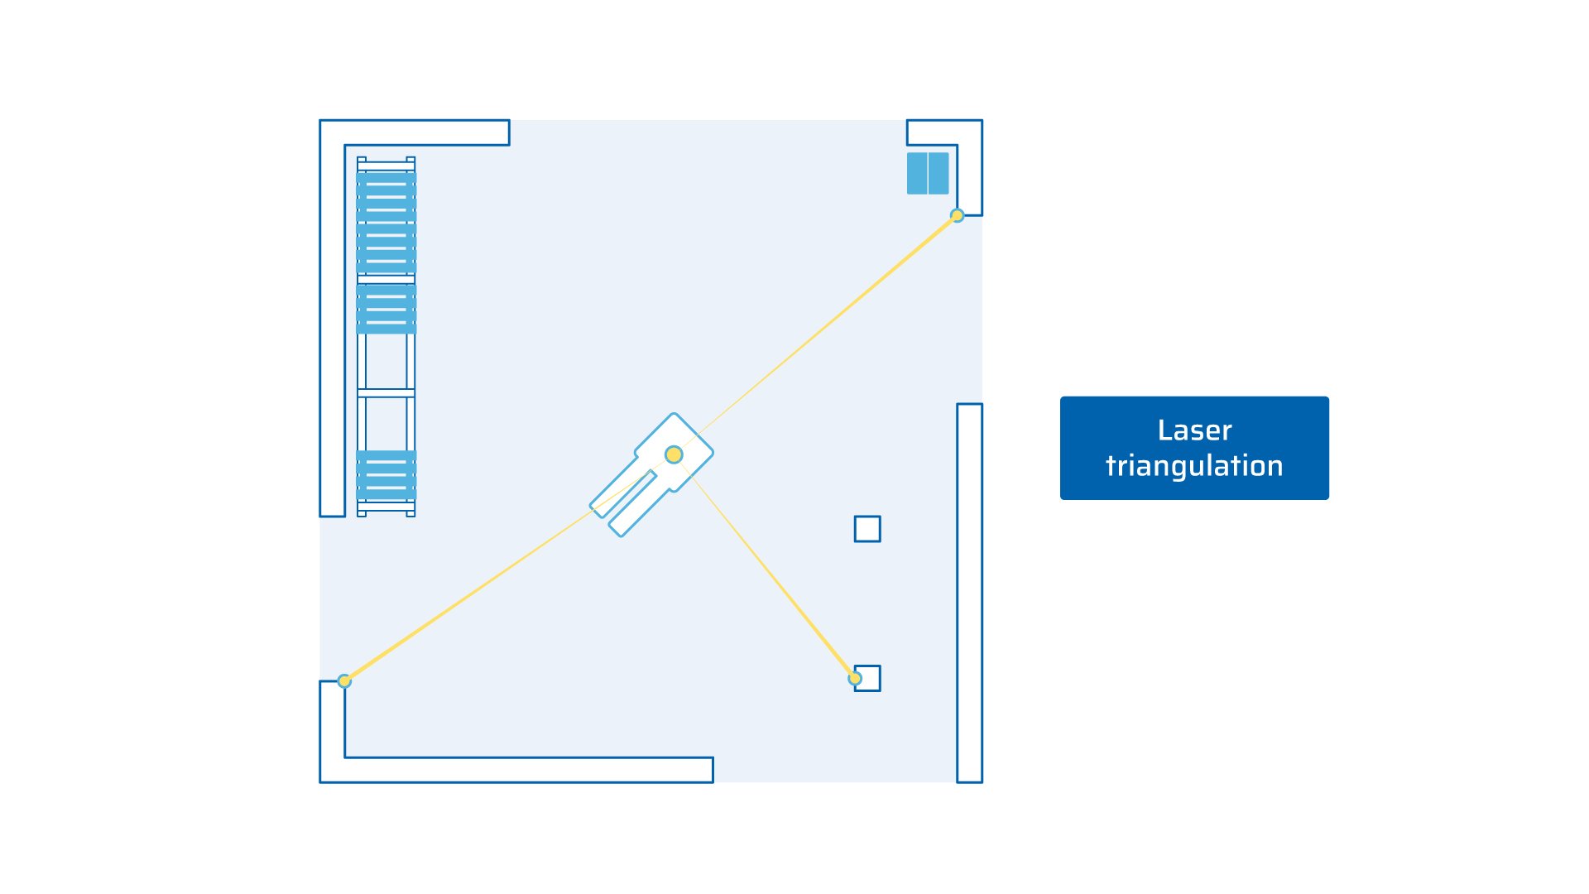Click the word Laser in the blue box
1194,430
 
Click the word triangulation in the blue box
1194,466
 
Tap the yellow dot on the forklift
674,454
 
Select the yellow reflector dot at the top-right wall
957,215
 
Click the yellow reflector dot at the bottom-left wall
344,681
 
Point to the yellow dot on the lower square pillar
855,679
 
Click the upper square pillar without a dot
867,529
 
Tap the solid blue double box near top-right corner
928,173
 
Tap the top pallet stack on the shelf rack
386,222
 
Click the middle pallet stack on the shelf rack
386,309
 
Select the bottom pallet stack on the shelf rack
386,475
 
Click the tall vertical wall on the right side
969,592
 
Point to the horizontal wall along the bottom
530,770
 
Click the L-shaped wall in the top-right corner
970,166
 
